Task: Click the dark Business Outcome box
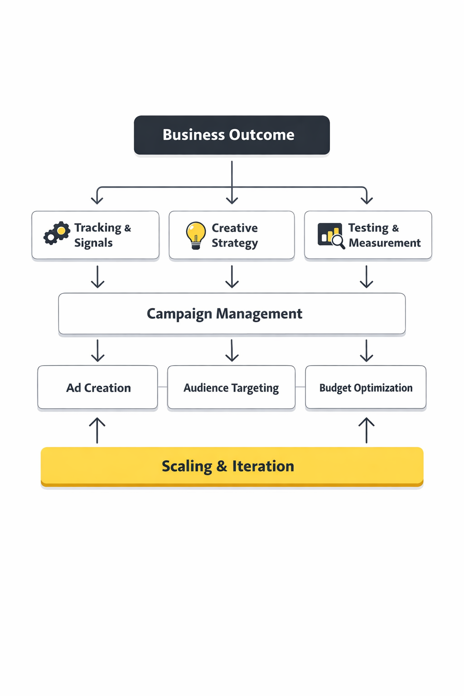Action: coord(232,135)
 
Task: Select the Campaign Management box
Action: coord(232,314)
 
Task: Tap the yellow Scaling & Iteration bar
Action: coord(232,466)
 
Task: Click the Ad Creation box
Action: coord(98,388)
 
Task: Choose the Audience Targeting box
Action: coord(231,388)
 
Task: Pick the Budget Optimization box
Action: coord(366,388)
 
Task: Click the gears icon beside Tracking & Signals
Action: coord(57,233)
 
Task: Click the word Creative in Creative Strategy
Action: coord(235,228)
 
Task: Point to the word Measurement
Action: coord(385,243)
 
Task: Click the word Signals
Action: coord(93,243)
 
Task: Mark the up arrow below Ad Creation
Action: coord(97,430)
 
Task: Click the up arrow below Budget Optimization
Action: coord(367,430)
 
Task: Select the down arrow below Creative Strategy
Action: coord(232,276)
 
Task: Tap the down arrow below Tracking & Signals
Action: coord(98,276)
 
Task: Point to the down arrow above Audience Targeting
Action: coord(232,350)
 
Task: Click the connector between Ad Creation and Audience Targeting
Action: coord(163,387)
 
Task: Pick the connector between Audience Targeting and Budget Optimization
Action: coord(300,387)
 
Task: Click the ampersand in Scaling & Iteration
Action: coord(222,466)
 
